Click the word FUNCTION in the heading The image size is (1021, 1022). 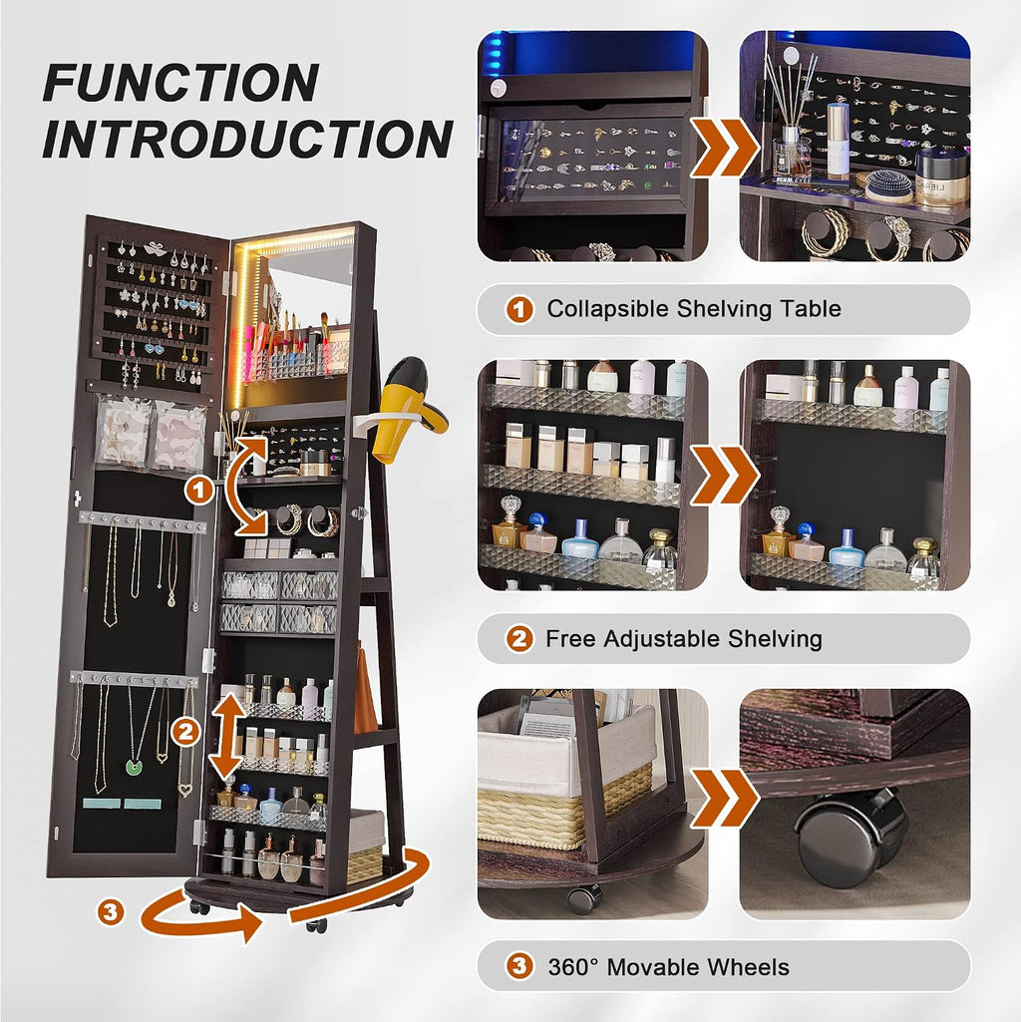point(181,82)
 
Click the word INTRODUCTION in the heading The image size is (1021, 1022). point(247,139)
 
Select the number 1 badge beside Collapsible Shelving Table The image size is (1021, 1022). point(519,310)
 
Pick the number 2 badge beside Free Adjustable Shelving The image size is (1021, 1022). point(519,639)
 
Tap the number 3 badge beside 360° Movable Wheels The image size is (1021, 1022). point(519,966)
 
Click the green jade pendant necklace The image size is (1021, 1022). point(135,767)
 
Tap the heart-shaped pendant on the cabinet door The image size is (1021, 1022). point(185,790)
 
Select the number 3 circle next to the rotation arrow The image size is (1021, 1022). point(111,910)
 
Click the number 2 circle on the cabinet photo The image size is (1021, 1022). point(185,733)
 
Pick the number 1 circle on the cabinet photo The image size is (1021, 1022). point(199,490)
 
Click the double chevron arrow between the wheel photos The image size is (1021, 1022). point(724,798)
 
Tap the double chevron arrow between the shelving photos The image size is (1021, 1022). point(724,476)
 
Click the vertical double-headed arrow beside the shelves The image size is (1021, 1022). point(227,737)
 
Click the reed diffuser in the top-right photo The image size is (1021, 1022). point(791,118)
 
